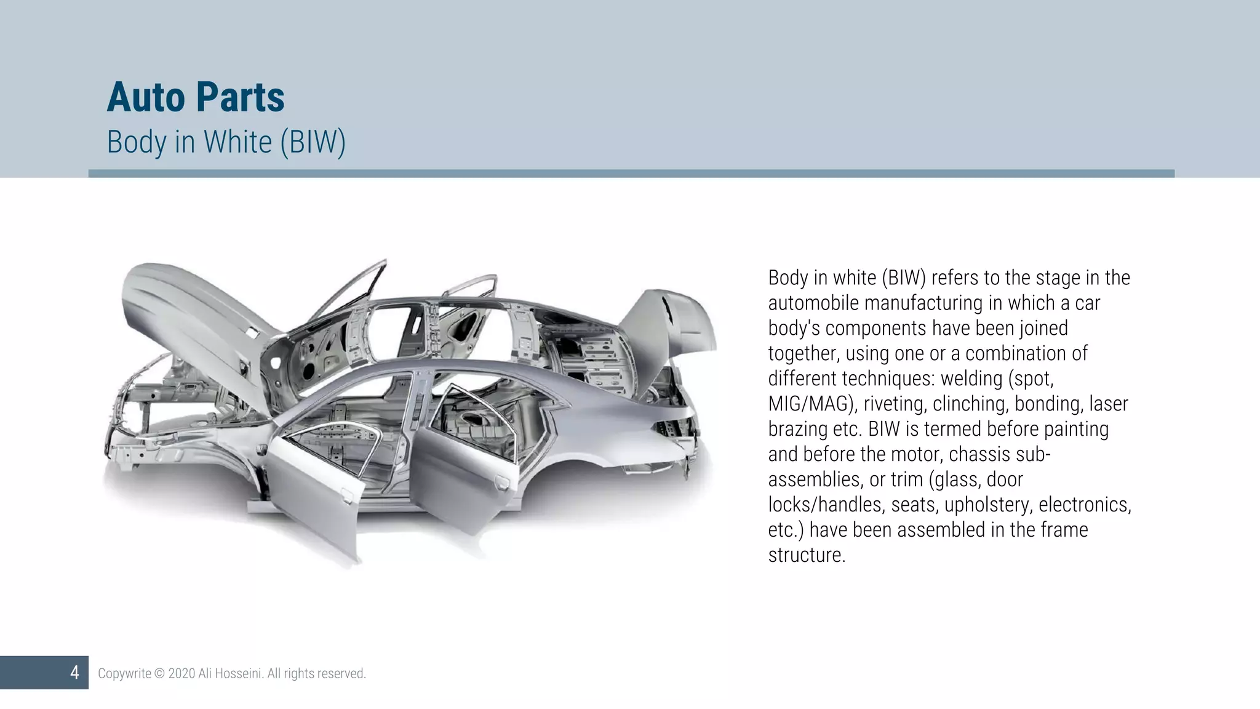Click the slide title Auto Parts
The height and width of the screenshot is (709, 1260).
(196, 97)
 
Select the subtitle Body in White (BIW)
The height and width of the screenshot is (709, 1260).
(226, 142)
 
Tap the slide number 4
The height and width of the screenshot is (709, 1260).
(74, 672)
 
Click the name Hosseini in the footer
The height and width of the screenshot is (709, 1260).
(240, 673)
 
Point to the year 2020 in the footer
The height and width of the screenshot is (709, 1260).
(181, 673)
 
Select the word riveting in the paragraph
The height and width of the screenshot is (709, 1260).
(895, 404)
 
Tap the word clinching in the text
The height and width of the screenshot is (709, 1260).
(971, 404)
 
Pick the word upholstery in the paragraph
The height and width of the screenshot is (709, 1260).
(989, 505)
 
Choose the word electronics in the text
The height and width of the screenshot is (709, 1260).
(1084, 505)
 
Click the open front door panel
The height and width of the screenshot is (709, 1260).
(314, 492)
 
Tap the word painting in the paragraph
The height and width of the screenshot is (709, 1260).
(1076, 429)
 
